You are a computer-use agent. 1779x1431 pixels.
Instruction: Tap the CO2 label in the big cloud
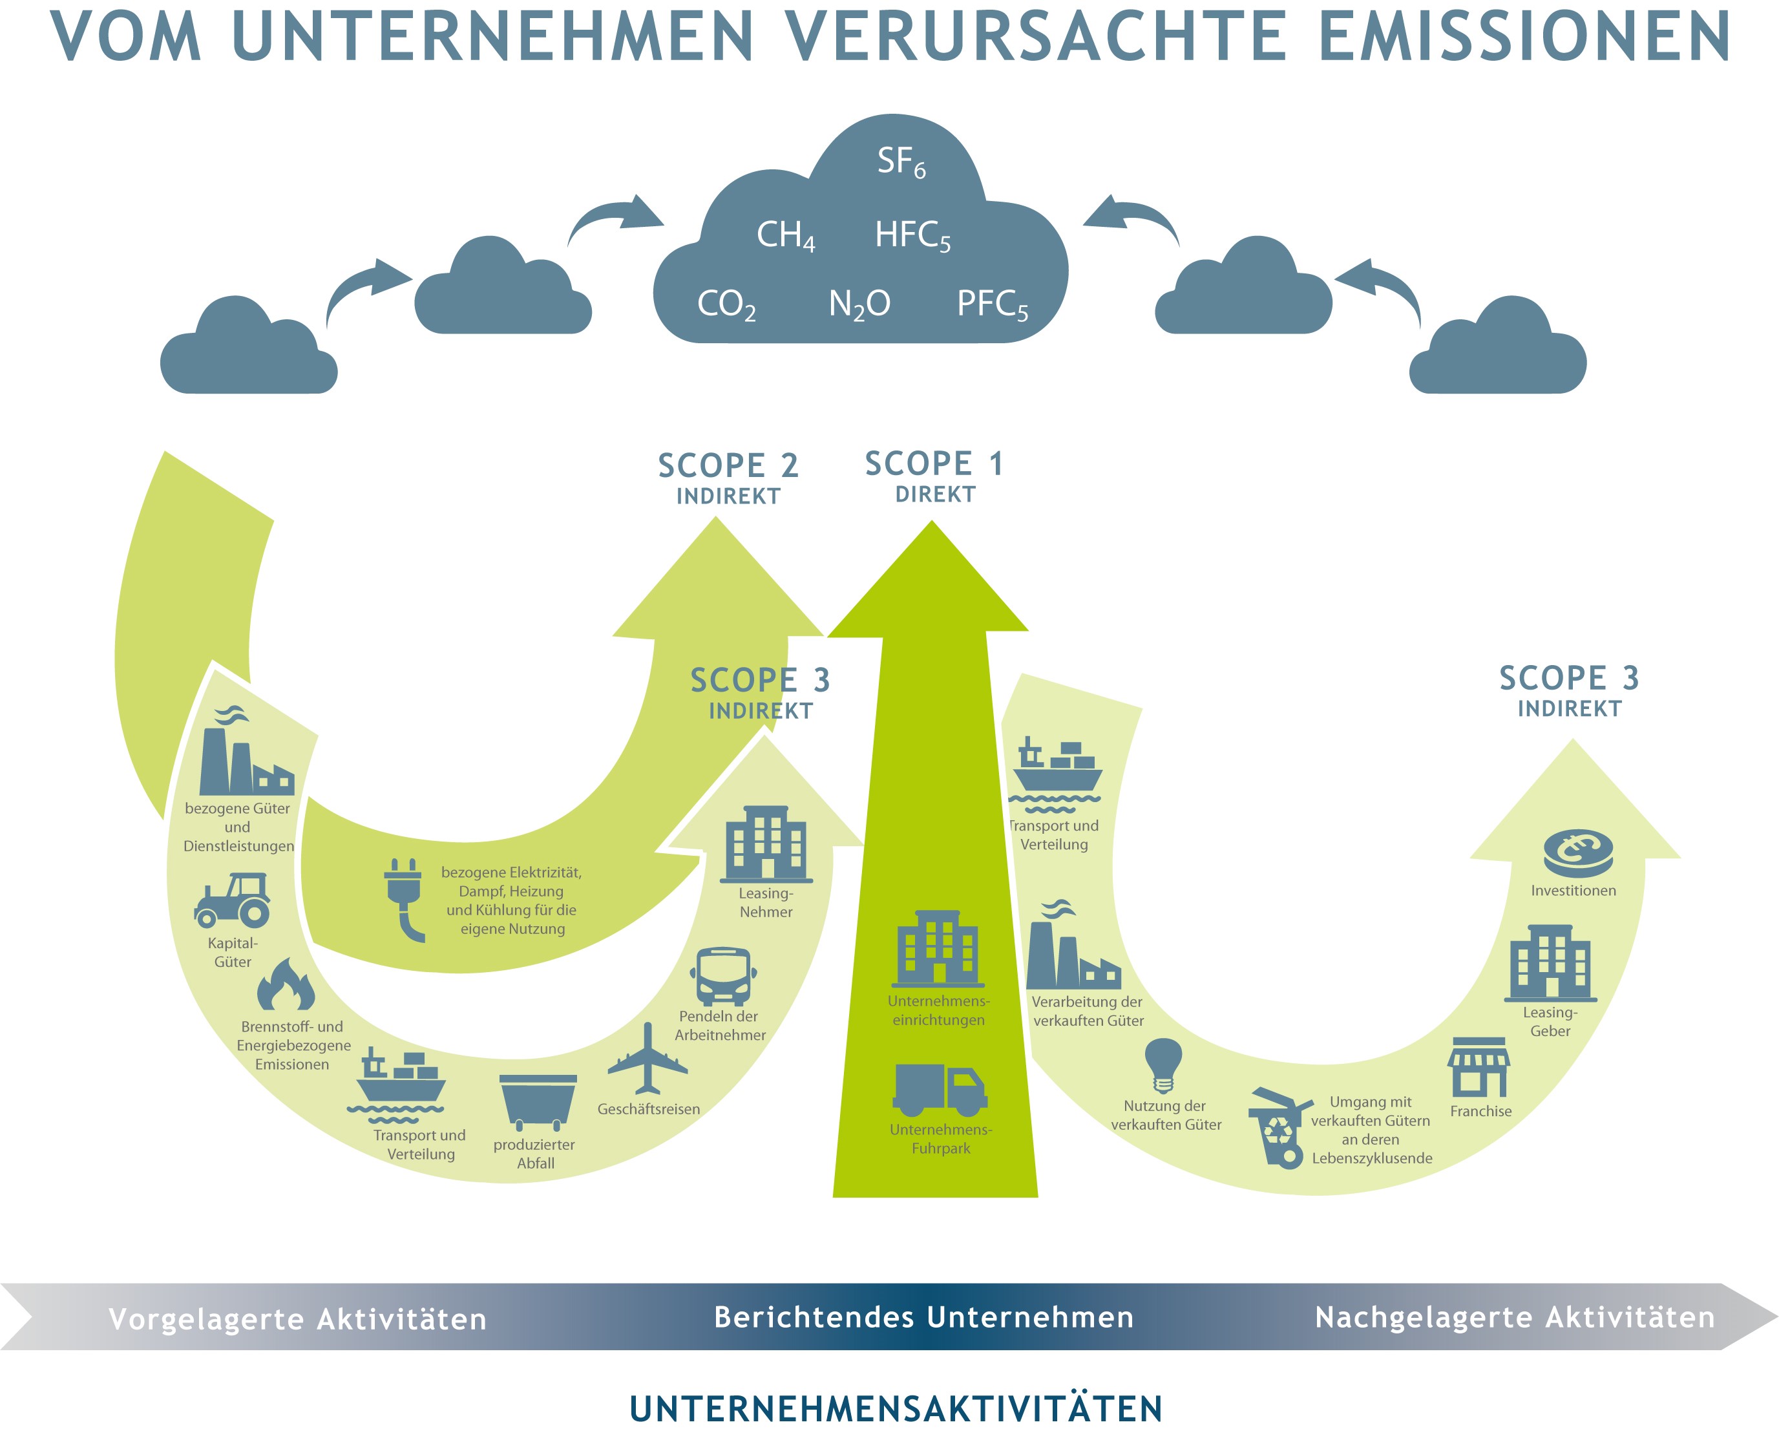point(726,304)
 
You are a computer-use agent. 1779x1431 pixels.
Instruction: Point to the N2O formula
point(859,304)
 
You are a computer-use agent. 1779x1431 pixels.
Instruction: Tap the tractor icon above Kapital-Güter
point(233,900)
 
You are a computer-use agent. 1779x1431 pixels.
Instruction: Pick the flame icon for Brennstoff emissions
point(286,986)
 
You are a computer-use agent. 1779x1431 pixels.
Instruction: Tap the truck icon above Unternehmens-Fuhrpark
point(940,1089)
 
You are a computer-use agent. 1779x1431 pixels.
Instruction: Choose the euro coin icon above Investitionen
point(1577,853)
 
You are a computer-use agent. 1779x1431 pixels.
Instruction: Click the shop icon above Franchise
point(1479,1067)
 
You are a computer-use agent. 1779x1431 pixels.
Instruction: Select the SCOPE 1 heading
point(934,465)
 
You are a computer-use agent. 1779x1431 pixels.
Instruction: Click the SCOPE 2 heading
point(728,466)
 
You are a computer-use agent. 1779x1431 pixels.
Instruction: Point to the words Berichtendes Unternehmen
point(923,1317)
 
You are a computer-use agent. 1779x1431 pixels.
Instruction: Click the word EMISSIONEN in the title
point(1524,37)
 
